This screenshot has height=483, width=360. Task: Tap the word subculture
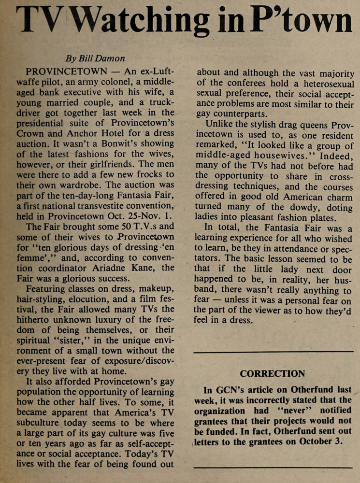41,421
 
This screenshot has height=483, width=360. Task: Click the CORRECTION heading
272,373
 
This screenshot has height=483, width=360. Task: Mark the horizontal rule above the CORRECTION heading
273,352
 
